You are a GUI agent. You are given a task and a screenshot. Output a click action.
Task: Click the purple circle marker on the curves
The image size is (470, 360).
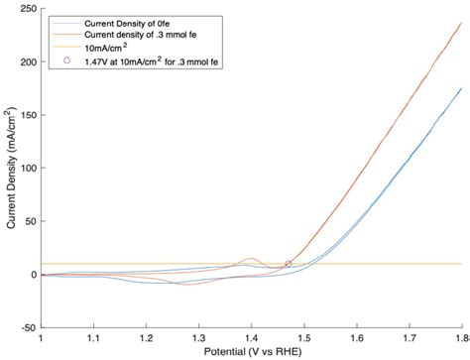pyautogui.click(x=289, y=264)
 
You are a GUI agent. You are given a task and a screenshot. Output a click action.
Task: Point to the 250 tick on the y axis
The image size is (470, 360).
pyautogui.click(x=27, y=9)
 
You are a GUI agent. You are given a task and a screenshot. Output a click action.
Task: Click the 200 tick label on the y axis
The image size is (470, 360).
pyautogui.click(x=27, y=62)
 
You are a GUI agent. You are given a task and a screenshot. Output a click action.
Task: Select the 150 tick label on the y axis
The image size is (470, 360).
pyautogui.click(x=27, y=115)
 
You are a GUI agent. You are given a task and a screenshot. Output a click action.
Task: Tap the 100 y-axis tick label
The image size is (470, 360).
pyautogui.click(x=27, y=169)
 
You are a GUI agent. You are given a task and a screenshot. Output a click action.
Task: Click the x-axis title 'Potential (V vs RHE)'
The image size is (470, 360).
pyautogui.click(x=250, y=352)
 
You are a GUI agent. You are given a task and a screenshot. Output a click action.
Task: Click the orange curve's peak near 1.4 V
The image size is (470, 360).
pyautogui.click(x=251, y=259)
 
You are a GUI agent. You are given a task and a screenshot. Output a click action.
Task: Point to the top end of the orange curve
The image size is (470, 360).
pyautogui.click(x=461, y=23)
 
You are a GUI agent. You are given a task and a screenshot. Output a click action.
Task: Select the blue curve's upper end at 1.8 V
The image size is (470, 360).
pyautogui.click(x=461, y=88)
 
